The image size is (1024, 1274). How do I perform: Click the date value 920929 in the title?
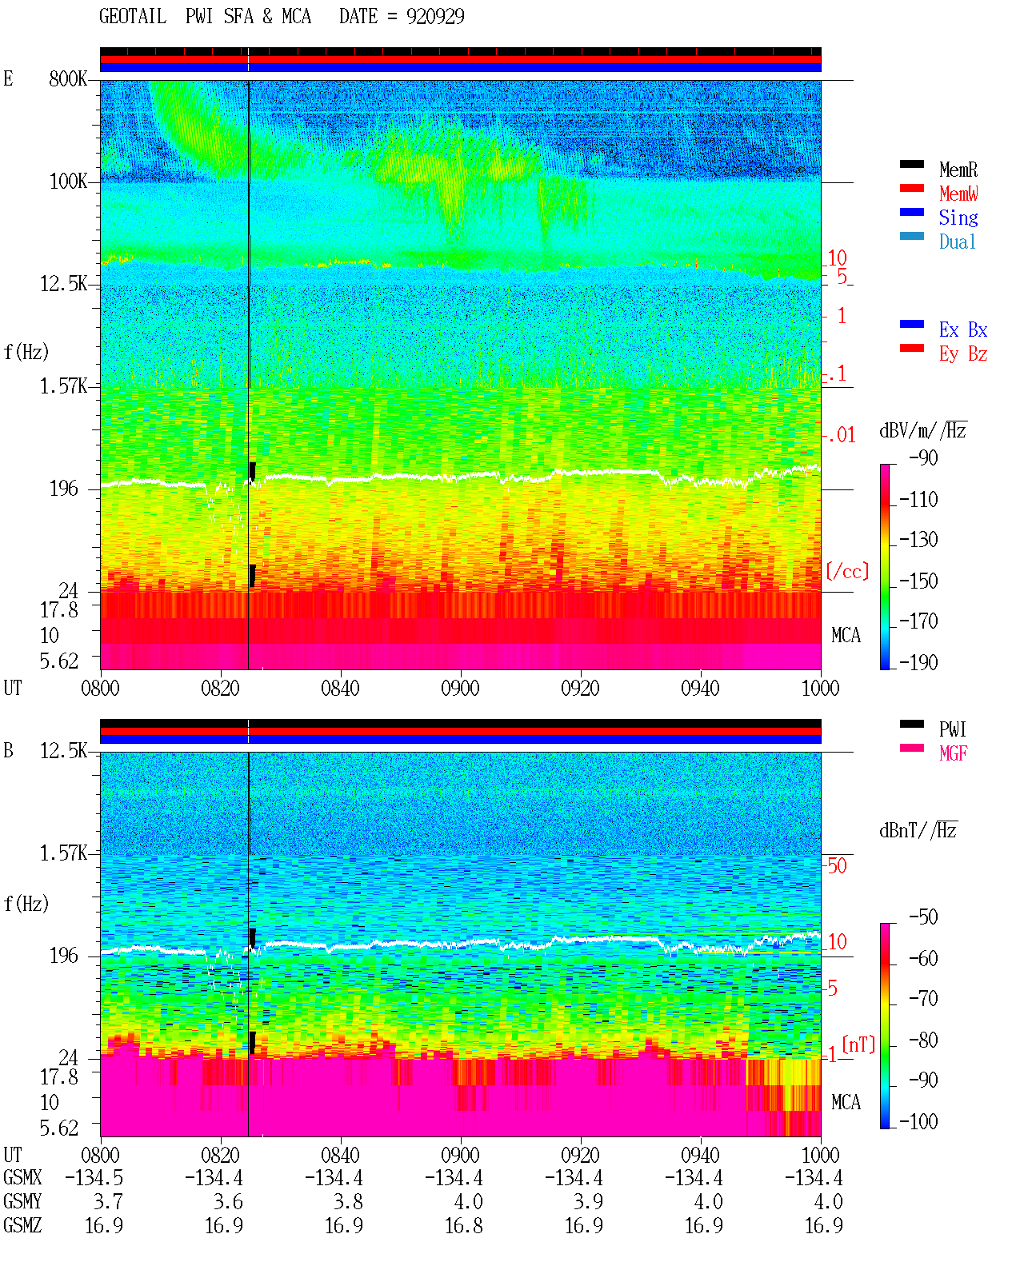435,17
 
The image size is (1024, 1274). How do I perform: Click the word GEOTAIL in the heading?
133,17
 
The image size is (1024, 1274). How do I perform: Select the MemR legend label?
958,170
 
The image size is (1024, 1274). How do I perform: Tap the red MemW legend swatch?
911,188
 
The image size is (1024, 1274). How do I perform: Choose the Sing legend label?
958,218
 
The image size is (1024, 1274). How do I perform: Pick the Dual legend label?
958,242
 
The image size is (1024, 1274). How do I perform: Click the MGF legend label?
953,753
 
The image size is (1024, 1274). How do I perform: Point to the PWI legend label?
952,729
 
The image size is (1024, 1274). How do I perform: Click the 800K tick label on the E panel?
68,79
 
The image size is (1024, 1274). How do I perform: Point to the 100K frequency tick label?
68,182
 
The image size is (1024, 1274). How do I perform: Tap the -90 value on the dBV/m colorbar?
923,458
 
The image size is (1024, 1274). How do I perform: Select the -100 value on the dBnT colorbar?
918,1122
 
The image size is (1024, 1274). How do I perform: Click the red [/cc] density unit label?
847,572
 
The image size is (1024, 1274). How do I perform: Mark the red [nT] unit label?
858,1045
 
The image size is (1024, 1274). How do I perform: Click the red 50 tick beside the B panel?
837,866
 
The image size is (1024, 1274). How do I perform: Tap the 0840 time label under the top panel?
341,689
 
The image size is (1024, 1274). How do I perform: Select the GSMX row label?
22,1177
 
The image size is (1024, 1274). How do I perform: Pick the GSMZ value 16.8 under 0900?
464,1226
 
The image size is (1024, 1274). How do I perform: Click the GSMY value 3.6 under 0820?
229,1202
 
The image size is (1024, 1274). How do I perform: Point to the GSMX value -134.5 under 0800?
94,1178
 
